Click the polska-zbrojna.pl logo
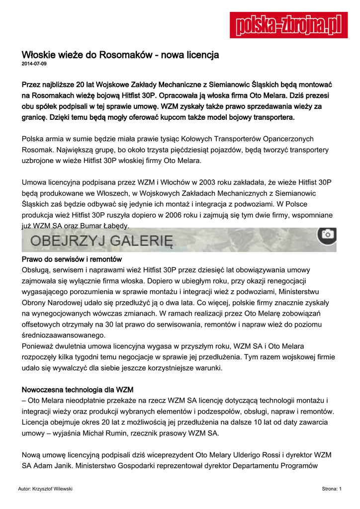pos(288,25)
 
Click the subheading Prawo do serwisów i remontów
pos(72,259)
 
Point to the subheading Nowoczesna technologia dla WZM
pos(78,389)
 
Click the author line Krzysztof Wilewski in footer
pos(45,489)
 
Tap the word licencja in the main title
pos(200,55)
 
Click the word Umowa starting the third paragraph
pos(36,182)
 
